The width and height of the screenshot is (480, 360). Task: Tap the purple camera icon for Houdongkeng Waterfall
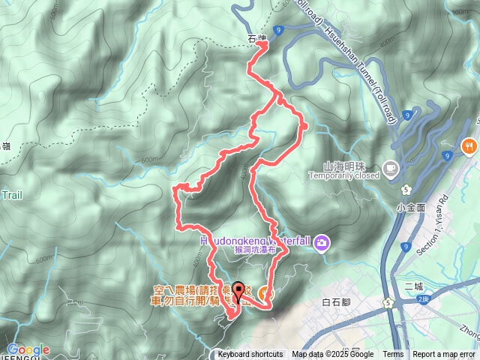(322, 241)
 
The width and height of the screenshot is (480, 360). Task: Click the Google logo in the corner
(28, 349)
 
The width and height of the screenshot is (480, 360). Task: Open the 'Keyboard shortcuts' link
(250, 355)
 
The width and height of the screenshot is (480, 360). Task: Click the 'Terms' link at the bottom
(393, 355)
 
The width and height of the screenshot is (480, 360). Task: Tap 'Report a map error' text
(445, 355)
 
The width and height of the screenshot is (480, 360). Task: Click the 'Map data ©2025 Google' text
(333, 355)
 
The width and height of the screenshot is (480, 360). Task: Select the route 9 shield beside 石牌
(278, 30)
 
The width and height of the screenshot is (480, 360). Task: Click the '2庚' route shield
(423, 299)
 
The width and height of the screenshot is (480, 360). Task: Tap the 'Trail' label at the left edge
(12, 195)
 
